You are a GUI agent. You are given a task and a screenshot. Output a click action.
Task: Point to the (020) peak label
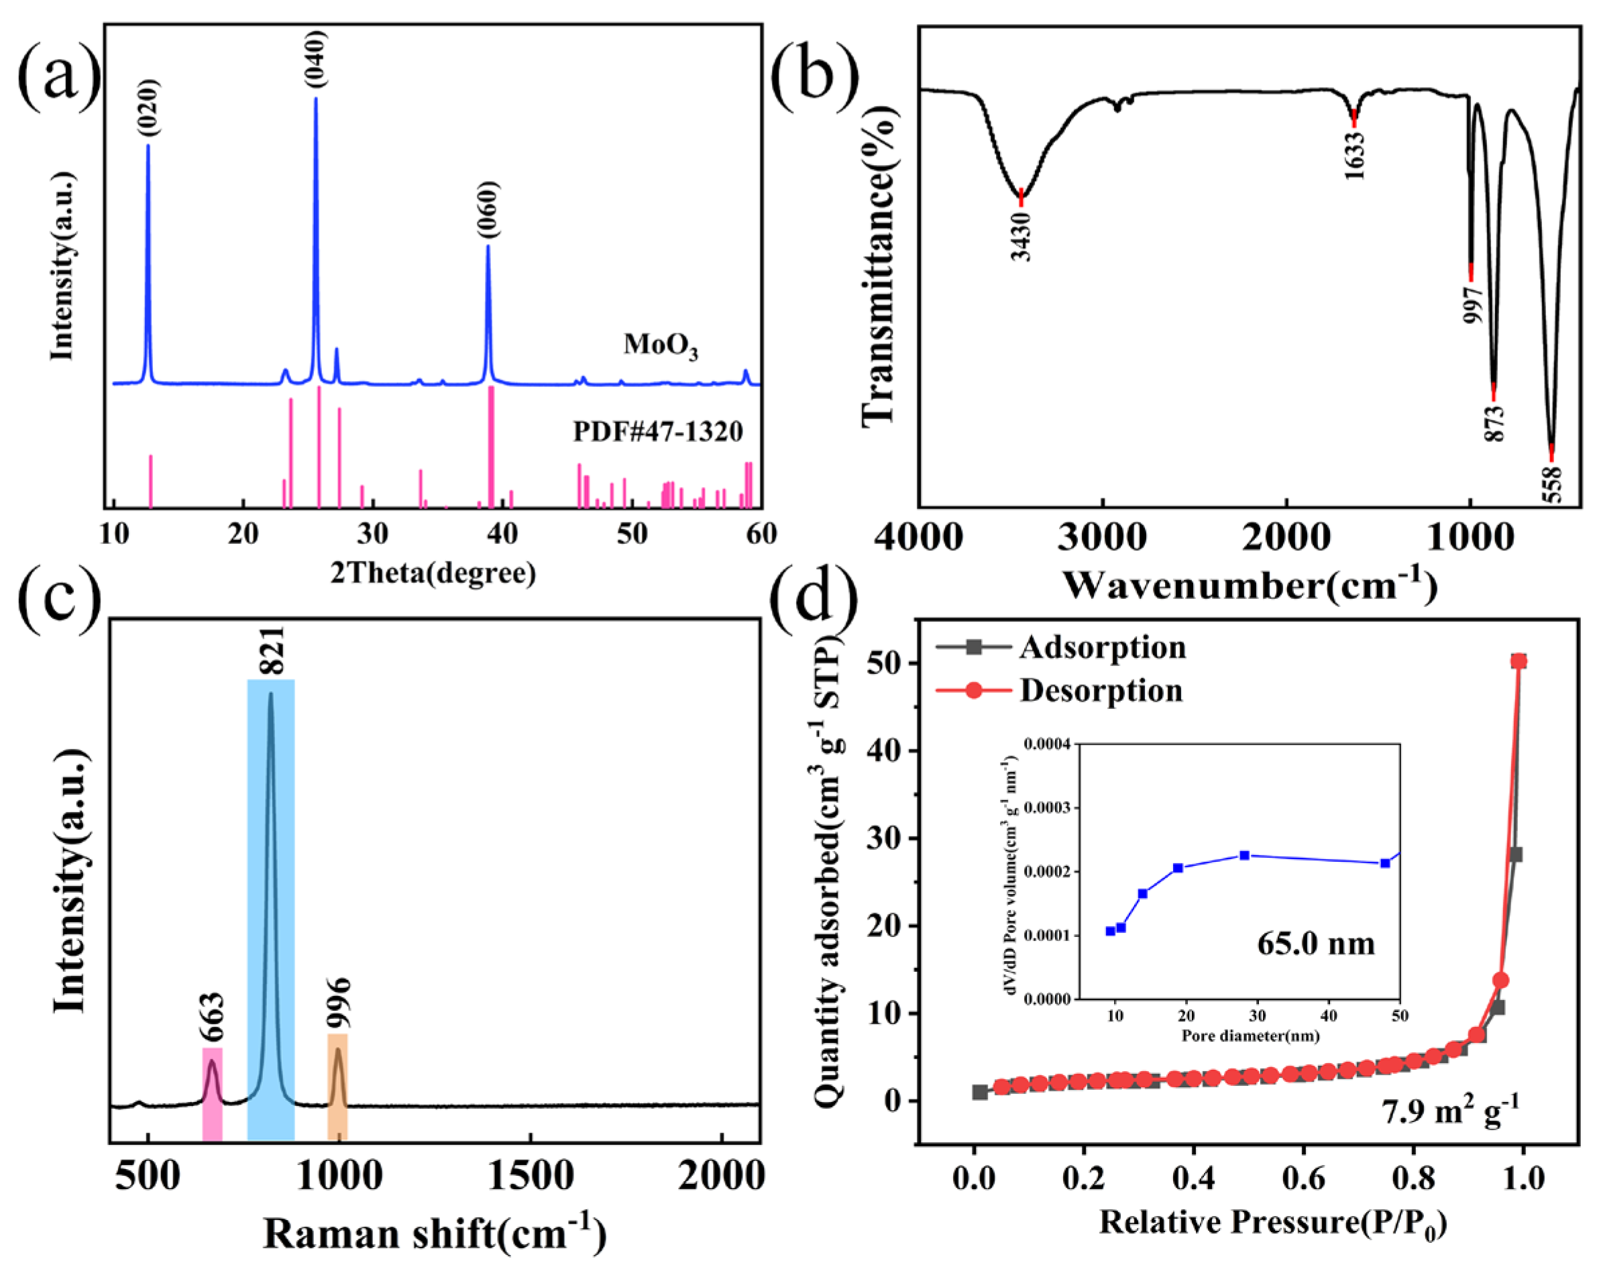148,108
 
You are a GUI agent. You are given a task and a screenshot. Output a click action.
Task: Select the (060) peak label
488,210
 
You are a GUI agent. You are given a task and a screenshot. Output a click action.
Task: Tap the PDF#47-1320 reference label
657,431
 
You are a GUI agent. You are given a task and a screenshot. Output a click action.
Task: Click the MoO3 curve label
660,346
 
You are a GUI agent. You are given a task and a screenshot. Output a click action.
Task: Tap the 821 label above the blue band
271,651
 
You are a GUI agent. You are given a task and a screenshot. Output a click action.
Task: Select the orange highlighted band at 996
338,1086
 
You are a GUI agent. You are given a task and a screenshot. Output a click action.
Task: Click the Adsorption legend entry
1102,647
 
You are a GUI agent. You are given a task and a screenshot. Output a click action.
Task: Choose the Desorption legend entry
1101,691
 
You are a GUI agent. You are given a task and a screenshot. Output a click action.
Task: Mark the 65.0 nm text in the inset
1316,944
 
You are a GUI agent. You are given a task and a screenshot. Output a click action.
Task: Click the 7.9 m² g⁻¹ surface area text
1449,1114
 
